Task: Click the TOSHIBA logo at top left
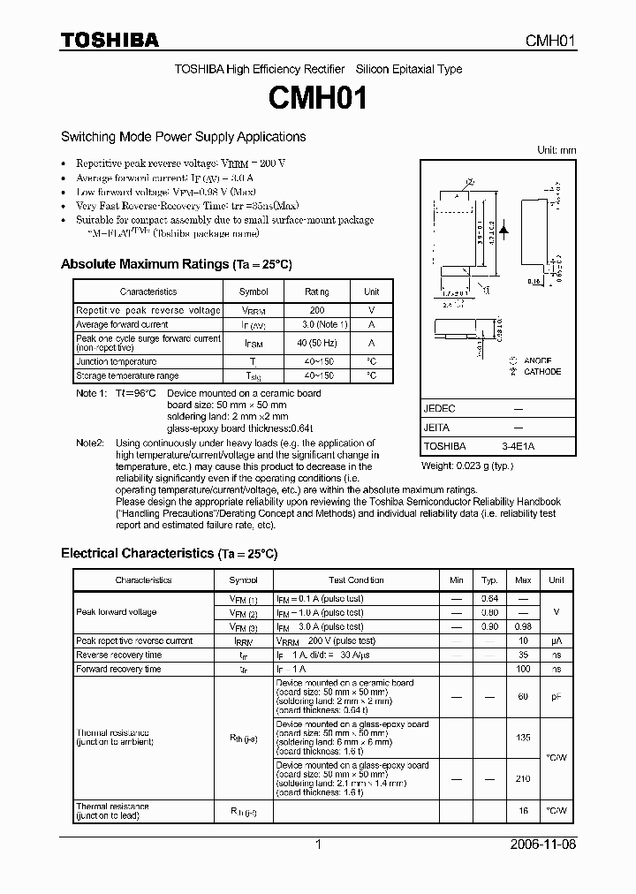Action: [110, 40]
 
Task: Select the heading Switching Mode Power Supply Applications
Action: [183, 137]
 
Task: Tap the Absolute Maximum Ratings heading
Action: [176, 264]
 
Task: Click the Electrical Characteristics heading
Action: [169, 553]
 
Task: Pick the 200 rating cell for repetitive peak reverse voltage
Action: [317, 310]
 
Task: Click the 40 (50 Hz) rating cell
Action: [317, 344]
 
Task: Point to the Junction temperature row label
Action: [117, 361]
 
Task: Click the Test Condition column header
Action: [356, 580]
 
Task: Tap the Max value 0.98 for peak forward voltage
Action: [523, 626]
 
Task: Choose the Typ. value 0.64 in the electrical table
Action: [489, 598]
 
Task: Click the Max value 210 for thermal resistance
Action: [523, 778]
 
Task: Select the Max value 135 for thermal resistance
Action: [523, 736]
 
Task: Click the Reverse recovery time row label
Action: [119, 655]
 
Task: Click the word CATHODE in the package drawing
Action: [541, 372]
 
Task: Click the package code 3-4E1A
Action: [517, 446]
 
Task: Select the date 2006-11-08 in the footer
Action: [545, 845]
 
